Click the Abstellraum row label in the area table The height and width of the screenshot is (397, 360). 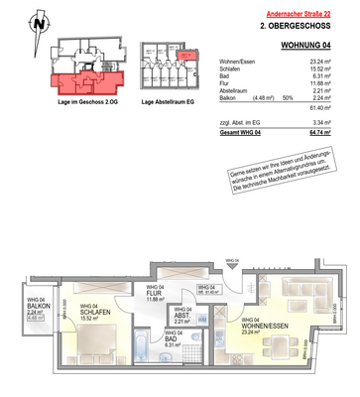(238, 90)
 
